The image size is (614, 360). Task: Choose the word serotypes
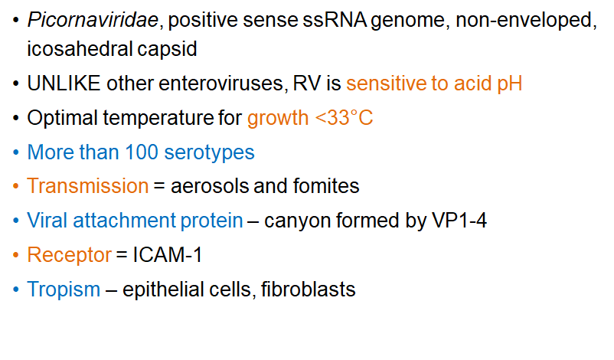tap(207, 152)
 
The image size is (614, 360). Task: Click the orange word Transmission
tap(87, 186)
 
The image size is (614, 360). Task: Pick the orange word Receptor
tap(69, 255)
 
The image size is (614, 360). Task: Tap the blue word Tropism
tap(64, 290)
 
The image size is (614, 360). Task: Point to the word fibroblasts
tap(309, 290)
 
